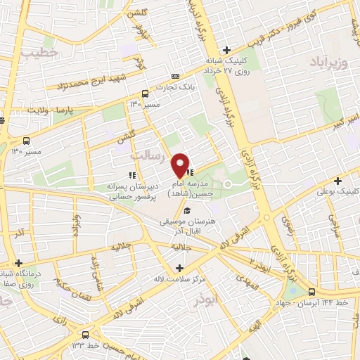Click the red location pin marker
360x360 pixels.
pos(181,165)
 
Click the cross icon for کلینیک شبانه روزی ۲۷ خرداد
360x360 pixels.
pos(226,50)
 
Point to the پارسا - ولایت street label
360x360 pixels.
pos(51,110)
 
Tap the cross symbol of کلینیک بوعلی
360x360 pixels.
pos(338,181)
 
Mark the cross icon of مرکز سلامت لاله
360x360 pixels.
pos(180,268)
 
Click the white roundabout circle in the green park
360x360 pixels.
pos(228,184)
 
